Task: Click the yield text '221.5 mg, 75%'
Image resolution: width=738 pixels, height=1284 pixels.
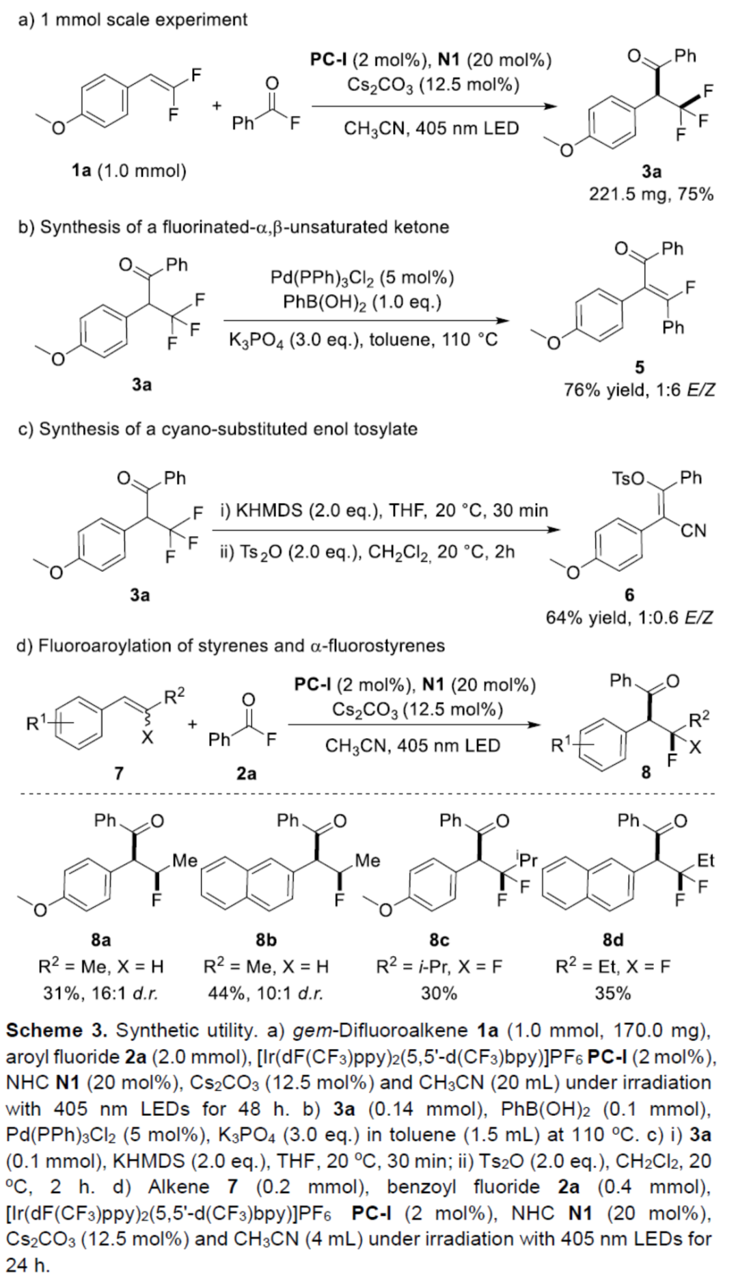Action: click(651, 195)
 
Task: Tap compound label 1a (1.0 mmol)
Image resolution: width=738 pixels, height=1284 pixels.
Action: click(129, 170)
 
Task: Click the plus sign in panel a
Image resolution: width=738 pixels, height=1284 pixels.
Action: click(217, 106)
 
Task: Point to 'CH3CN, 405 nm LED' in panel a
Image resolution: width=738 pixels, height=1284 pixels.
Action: click(431, 128)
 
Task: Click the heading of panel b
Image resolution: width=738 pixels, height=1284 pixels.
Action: click(234, 227)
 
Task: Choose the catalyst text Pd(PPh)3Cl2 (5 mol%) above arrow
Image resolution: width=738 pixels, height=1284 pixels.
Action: click(362, 277)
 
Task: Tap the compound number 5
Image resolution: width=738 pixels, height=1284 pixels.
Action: click(639, 368)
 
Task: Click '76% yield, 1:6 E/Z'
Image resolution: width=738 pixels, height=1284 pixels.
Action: click(639, 390)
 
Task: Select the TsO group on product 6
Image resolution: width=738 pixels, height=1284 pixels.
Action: click(629, 478)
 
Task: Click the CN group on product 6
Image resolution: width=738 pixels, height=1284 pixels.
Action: click(693, 531)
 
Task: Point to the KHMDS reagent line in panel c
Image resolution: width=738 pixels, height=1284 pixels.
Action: click(384, 510)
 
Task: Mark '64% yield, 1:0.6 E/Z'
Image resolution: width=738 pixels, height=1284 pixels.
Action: click(629, 618)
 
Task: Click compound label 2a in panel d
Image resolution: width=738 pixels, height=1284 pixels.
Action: click(247, 773)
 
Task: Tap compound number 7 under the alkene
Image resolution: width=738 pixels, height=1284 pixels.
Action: click(119, 773)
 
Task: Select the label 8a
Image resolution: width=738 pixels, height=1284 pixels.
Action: click(100, 940)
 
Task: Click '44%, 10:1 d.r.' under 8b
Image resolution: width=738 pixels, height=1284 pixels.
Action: click(266, 993)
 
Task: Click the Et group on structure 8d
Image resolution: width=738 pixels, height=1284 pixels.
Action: click(705, 860)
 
